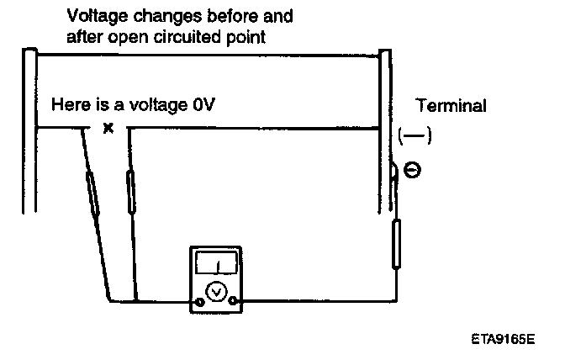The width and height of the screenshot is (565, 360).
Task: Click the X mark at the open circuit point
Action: click(108, 129)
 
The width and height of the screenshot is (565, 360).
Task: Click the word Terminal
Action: click(451, 106)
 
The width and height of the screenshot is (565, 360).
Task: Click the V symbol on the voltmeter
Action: click(217, 291)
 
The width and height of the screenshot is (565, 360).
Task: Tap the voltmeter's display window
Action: click(217, 266)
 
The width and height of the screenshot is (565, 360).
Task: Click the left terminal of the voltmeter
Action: click(199, 301)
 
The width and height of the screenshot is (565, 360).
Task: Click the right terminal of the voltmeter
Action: click(235, 301)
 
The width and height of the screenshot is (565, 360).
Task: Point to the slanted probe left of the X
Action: click(94, 192)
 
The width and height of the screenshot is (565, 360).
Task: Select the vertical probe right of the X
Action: click(130, 192)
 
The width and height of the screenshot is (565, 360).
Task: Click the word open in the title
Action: click(127, 36)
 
